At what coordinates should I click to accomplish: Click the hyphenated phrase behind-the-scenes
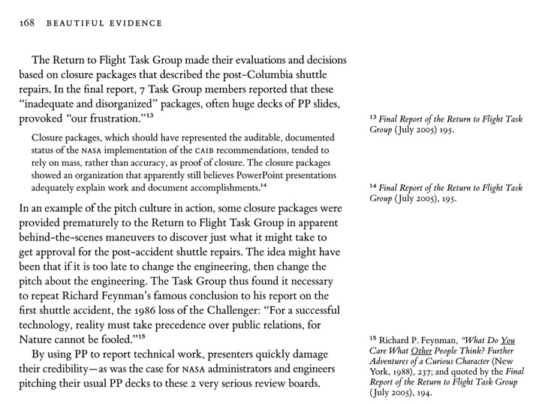65,239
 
